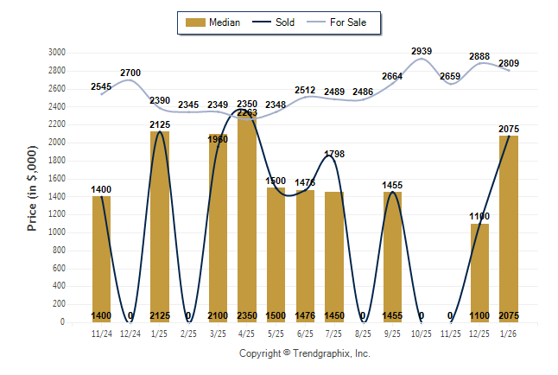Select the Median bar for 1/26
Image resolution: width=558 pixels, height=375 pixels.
click(x=508, y=229)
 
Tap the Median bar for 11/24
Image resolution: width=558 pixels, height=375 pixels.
click(x=102, y=259)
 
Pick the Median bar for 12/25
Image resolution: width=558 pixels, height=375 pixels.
click(x=479, y=273)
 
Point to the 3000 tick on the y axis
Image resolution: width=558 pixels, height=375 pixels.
click(x=56, y=52)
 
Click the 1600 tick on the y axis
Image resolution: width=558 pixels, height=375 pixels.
click(x=56, y=178)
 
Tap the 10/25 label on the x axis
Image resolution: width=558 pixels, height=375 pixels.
click(x=421, y=333)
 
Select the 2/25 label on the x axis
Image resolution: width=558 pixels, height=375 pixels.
click(x=188, y=333)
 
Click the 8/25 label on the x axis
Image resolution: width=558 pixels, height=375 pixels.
click(x=363, y=333)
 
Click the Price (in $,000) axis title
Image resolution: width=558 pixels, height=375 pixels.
click(x=32, y=187)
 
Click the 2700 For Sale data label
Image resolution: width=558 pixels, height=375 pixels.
click(x=130, y=73)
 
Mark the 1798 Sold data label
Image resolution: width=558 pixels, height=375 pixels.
click(x=334, y=155)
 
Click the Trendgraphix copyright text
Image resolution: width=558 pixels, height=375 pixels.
click(x=304, y=353)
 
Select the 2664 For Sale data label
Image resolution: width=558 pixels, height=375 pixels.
click(x=392, y=76)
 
